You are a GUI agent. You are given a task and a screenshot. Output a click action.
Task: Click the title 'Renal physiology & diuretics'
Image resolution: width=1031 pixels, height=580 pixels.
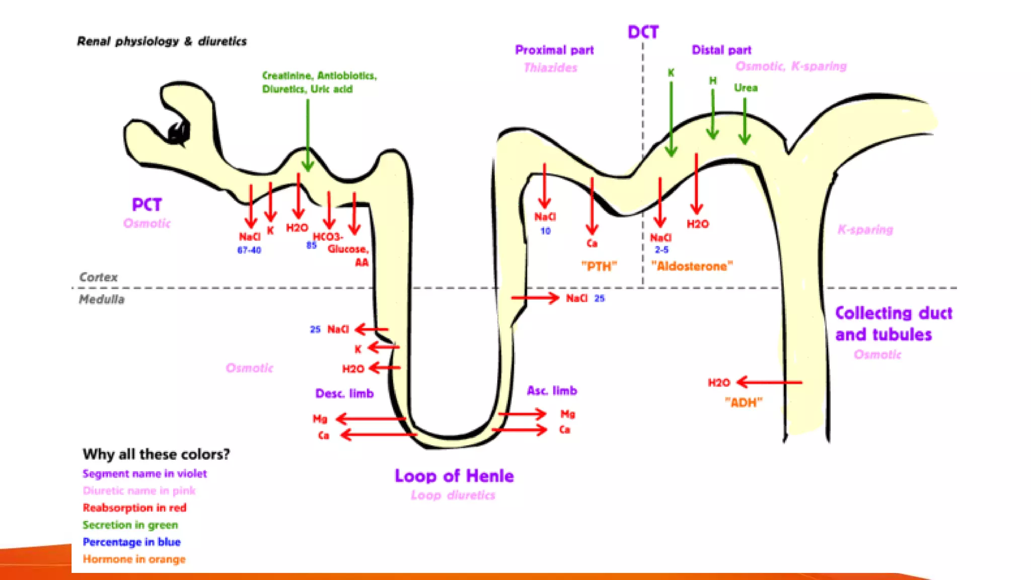click(x=162, y=41)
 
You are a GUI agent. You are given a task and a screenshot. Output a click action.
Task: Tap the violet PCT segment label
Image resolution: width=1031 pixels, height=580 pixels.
click(x=147, y=204)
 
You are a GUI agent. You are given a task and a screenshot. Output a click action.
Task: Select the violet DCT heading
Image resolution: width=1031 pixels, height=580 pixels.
click(x=643, y=32)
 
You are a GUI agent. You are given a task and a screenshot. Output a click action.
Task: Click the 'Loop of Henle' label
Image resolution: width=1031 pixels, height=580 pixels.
click(x=454, y=476)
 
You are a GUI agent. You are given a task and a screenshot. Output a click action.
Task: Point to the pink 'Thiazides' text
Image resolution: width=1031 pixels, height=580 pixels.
click(x=550, y=67)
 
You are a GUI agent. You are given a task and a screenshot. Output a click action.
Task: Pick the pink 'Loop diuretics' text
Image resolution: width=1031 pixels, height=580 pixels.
click(x=453, y=495)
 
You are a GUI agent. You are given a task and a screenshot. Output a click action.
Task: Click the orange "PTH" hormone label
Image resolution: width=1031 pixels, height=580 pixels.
click(x=599, y=266)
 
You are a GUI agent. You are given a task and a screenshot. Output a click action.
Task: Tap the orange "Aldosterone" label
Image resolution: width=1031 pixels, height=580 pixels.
click(x=692, y=266)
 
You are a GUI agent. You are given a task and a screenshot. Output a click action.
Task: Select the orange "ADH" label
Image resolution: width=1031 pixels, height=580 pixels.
click(x=744, y=402)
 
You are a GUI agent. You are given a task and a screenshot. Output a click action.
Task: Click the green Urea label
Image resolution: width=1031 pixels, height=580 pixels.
click(x=746, y=88)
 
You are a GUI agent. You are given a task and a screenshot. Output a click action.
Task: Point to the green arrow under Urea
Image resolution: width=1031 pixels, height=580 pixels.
click(x=745, y=121)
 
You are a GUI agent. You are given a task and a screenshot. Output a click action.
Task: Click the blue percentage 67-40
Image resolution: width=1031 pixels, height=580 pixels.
click(x=249, y=250)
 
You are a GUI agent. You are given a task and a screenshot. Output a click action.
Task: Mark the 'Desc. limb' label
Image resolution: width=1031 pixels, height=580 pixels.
click(x=344, y=393)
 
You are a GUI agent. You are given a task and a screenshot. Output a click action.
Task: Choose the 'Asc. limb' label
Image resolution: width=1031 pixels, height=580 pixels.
click(x=552, y=391)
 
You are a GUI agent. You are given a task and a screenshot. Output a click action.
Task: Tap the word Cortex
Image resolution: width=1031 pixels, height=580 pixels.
click(x=98, y=277)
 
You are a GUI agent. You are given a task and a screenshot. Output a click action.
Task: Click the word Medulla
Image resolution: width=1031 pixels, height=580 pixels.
click(x=101, y=299)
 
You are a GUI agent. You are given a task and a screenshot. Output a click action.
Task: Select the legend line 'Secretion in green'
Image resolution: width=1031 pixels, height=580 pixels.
click(x=130, y=525)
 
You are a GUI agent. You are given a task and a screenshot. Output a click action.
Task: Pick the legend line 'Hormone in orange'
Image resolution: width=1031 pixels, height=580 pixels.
click(x=134, y=559)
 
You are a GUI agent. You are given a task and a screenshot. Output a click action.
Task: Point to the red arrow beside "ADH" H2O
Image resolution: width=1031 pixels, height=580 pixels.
click(x=769, y=383)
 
